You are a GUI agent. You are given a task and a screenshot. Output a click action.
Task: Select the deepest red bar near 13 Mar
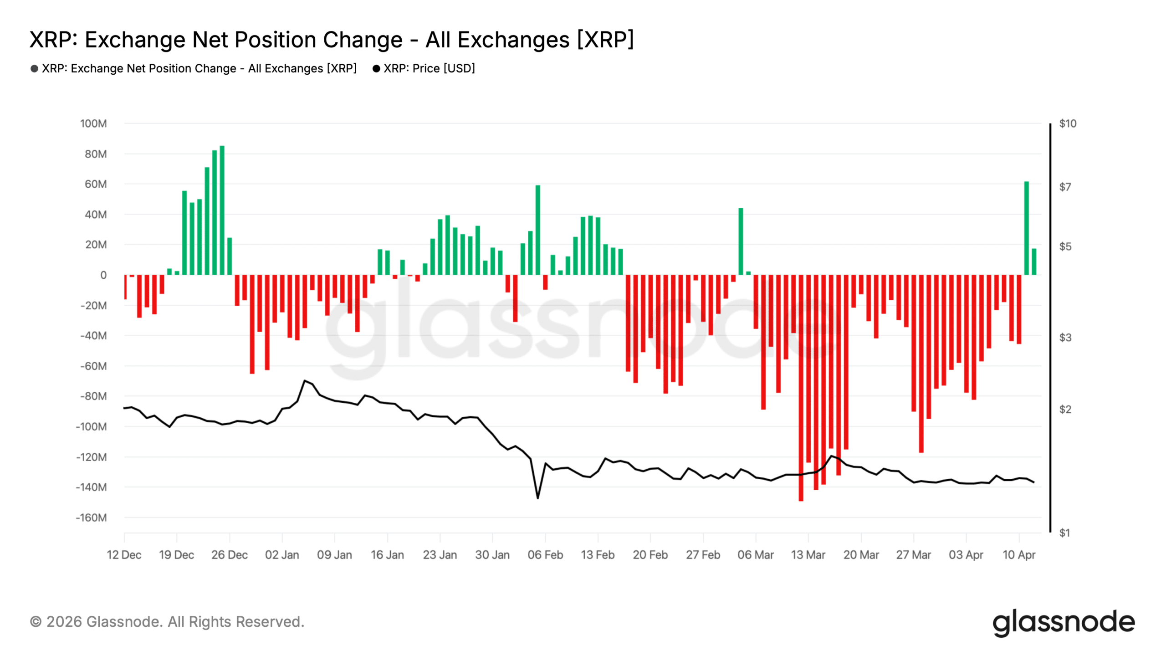[801, 387]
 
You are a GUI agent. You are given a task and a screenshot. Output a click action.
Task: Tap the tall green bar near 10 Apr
[1026, 228]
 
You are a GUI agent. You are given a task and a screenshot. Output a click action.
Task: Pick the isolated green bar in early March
[741, 241]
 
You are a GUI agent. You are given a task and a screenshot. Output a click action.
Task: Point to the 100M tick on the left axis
[93, 123]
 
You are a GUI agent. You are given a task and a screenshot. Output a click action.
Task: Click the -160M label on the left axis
[91, 518]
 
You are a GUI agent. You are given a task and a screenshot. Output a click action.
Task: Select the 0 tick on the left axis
[103, 275]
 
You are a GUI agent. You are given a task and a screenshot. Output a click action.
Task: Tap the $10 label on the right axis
[1068, 123]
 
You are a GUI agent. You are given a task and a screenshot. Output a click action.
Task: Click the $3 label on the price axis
[1065, 338]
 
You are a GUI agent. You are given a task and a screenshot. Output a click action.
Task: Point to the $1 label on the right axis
[1064, 533]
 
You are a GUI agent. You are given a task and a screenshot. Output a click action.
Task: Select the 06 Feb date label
[545, 555]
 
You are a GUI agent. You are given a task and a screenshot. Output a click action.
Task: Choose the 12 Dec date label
[124, 555]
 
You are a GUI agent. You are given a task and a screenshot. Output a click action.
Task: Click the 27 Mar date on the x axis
[913, 555]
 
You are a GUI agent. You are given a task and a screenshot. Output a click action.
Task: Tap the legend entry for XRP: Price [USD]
[429, 68]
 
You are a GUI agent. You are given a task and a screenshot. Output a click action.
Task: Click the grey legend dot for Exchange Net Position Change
[34, 69]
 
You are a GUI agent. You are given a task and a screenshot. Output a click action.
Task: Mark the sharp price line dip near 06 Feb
[537, 497]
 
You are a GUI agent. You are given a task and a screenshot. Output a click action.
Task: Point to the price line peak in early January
[305, 381]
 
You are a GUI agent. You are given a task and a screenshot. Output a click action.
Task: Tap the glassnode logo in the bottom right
[1063, 622]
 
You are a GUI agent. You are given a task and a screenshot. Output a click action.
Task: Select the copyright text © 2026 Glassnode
[167, 622]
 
